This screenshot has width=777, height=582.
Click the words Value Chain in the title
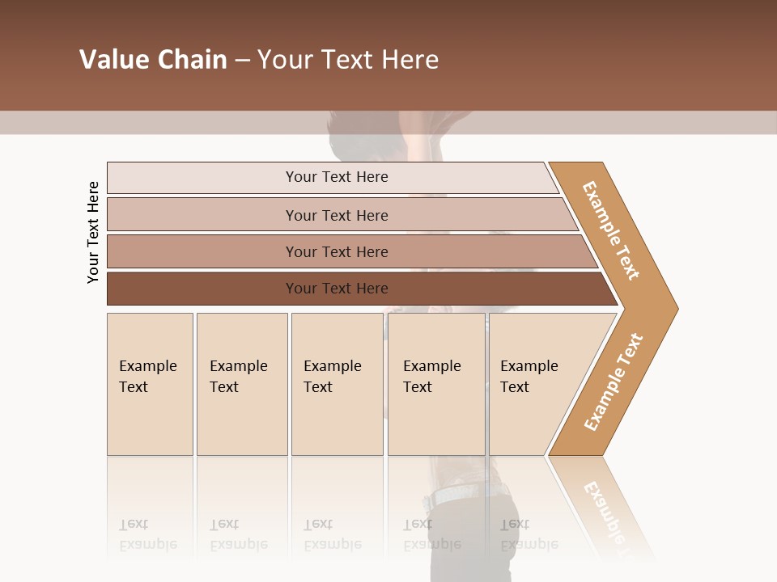(153, 60)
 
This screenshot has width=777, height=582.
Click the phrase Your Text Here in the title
(348, 60)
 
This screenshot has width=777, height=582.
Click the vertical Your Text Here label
(93, 232)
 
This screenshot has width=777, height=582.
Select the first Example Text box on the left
(150, 384)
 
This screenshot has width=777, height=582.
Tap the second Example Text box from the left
(241, 384)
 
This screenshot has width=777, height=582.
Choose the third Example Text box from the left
(336, 384)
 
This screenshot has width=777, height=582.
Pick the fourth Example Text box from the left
(435, 384)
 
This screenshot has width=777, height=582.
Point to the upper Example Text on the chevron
(611, 230)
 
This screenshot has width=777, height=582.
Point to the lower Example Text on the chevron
(614, 382)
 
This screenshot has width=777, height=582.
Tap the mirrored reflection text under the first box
(147, 534)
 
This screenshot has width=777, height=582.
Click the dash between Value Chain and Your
(242, 61)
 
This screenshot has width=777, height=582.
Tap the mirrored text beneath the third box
(332, 534)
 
